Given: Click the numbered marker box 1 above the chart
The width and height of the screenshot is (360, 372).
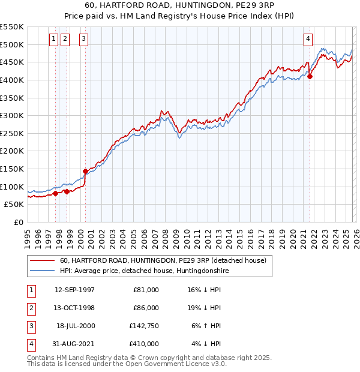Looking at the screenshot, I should click(x=53, y=39).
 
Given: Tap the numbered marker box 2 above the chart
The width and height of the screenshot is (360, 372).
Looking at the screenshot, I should click(x=65, y=39).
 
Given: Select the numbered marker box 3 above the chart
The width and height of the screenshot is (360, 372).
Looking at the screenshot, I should click(x=83, y=39).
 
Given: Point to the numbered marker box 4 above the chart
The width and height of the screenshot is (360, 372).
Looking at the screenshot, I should click(x=307, y=39).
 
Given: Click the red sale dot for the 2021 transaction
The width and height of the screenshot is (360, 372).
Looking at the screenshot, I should click(x=310, y=76).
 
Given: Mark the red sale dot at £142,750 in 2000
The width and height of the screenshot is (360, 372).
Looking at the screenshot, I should click(x=85, y=171).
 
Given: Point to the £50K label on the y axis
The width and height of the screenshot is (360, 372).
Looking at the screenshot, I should click(x=14, y=204).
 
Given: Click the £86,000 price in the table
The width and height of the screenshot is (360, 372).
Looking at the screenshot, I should click(x=146, y=308).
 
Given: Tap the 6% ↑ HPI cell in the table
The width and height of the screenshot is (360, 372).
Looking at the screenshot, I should click(x=207, y=326).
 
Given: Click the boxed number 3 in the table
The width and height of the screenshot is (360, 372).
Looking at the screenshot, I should click(x=29, y=326).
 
